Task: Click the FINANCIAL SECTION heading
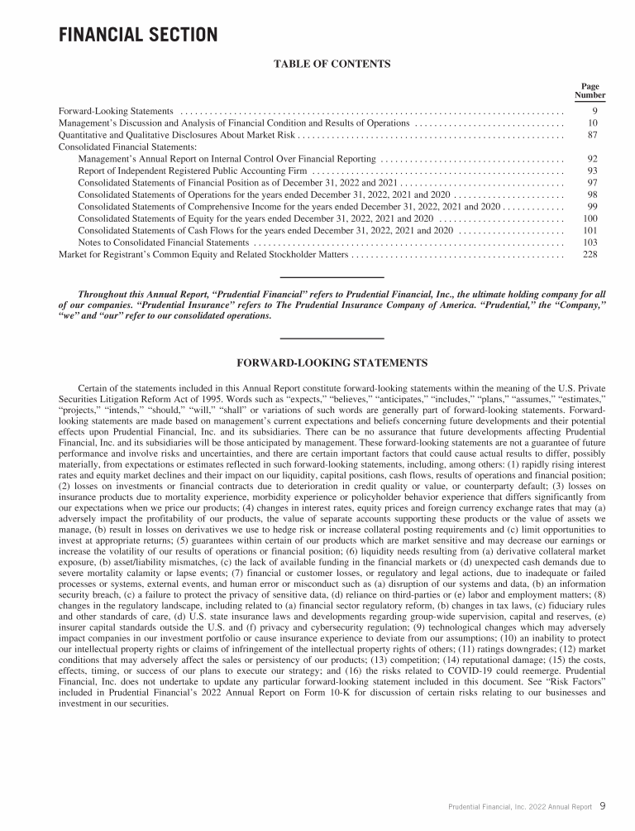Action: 137,35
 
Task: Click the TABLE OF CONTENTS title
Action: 332,63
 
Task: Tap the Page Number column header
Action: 590,91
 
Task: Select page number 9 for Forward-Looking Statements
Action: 594,111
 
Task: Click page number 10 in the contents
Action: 593,122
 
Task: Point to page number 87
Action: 593,135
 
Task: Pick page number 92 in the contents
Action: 592,158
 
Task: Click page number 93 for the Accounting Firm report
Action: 592,171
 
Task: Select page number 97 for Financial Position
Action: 592,182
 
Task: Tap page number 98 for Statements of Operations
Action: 592,195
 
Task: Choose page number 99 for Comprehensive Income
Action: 592,206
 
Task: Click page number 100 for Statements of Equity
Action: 590,219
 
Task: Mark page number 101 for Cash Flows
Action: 590,230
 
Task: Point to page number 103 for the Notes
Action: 590,243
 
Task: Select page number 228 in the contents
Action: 590,254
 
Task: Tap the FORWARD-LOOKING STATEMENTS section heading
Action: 332,363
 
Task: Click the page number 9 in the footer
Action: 603,805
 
